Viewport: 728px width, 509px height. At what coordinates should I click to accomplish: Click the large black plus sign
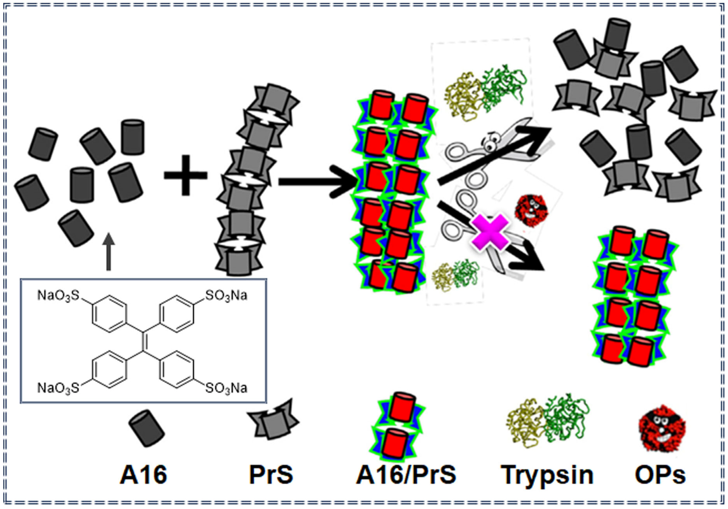point(185,175)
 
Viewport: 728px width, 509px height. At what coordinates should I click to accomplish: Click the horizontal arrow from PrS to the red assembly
point(317,182)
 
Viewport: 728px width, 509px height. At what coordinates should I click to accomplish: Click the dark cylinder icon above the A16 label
point(146,428)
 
